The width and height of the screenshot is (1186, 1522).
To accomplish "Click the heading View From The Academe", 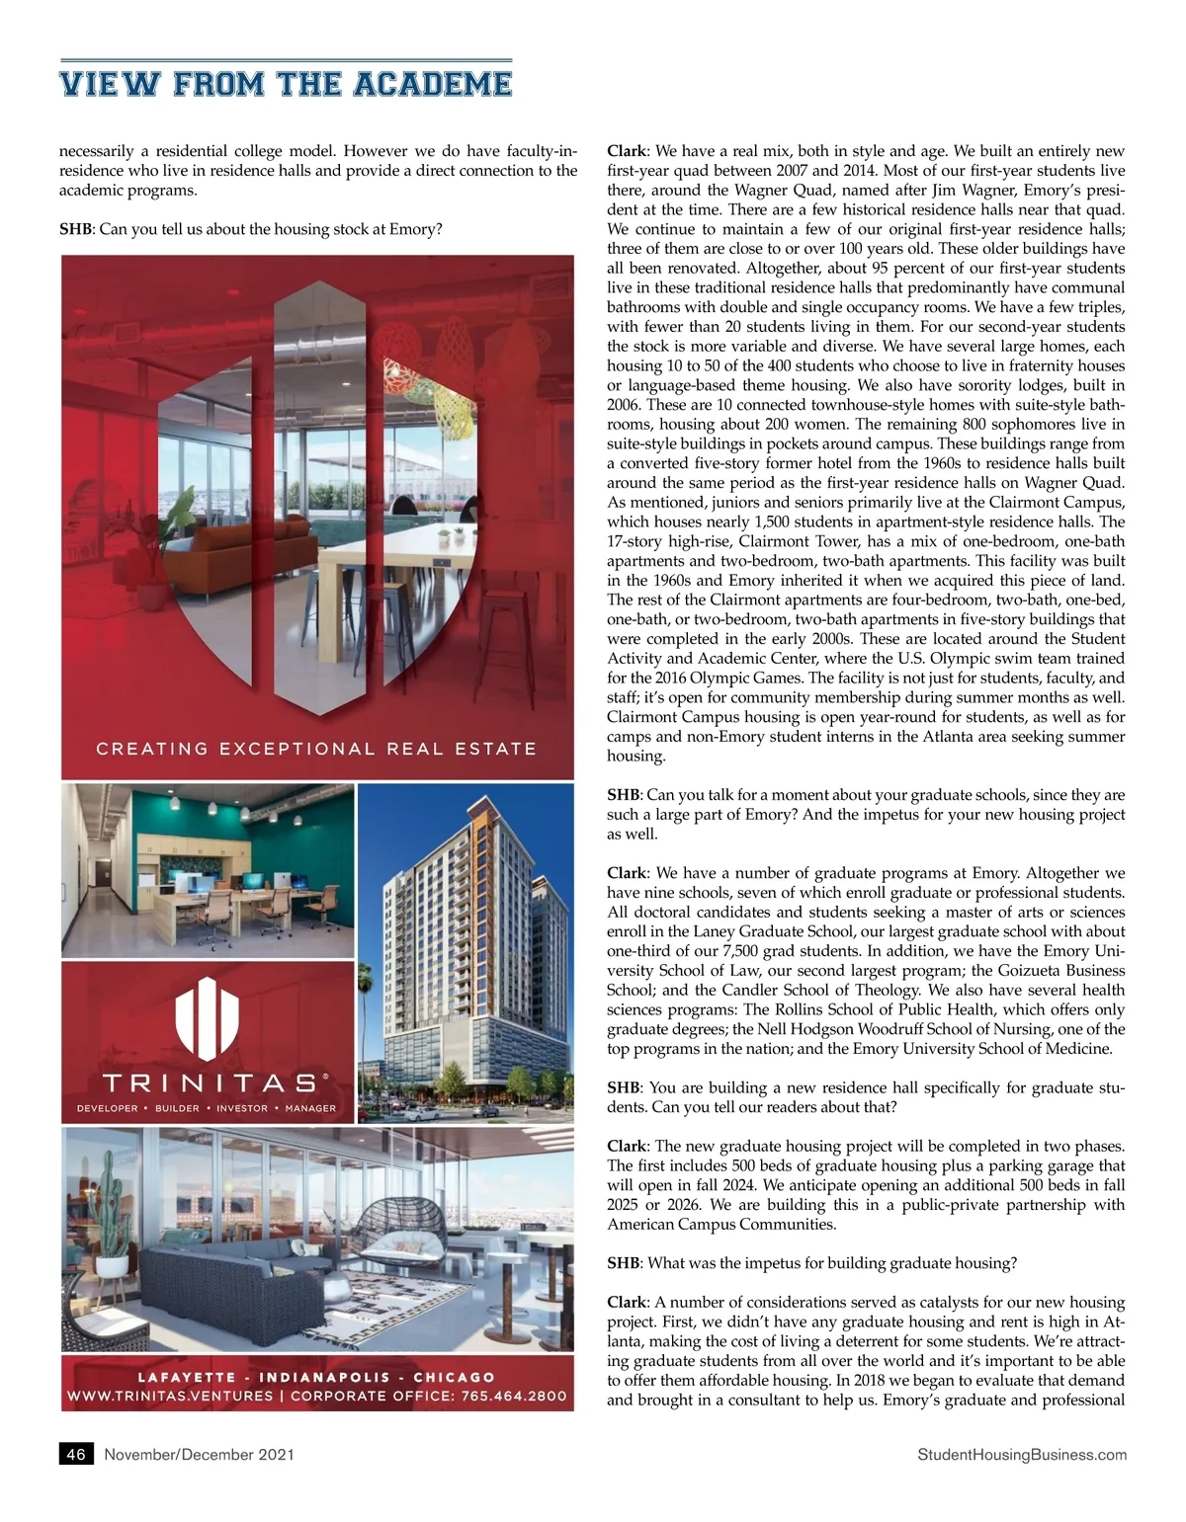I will point(286,84).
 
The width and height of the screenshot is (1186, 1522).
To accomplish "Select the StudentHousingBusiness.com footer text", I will point(1022,1454).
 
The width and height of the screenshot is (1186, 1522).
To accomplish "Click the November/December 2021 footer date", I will point(199,1454).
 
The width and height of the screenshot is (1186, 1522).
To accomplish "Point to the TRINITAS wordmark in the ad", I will point(208,1083).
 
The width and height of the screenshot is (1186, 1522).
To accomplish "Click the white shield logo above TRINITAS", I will point(208,1017).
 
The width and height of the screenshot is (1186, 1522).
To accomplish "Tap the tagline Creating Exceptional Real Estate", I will point(316,749).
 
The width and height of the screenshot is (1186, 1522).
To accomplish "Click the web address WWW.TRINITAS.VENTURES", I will point(169,1396).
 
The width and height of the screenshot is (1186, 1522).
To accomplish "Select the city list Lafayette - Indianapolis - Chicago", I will point(316,1377).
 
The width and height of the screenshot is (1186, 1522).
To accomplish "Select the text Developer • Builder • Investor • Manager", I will point(207,1108).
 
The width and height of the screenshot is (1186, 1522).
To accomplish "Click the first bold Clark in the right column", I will point(627,151).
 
